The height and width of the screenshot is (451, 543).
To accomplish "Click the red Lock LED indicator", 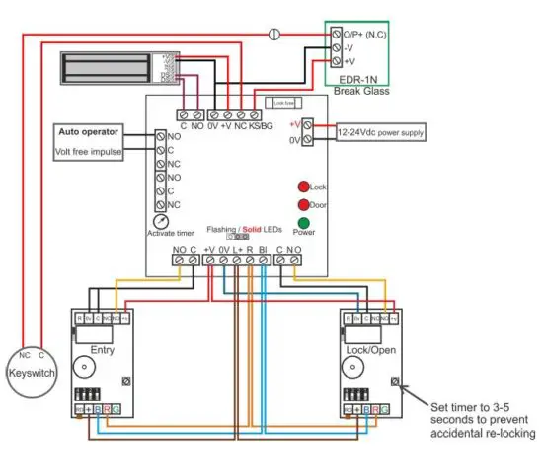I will coord(304,186).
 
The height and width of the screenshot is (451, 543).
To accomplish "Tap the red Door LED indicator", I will coord(304,204).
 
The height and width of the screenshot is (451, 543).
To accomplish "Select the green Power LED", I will coord(304,223).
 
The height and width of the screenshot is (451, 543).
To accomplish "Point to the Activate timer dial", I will coord(160,223).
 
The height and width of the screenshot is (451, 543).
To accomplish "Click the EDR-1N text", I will coord(356,79).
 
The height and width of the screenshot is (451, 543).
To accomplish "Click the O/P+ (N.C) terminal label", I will coord(361,32).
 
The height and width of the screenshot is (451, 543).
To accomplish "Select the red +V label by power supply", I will coord(294,125).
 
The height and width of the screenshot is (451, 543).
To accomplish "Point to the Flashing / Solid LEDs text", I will coord(244,228).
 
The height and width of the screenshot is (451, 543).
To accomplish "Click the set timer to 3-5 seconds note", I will coord(481,420).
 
